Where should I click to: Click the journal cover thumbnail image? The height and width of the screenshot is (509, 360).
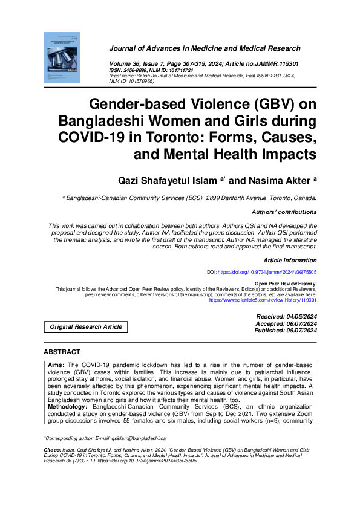(62, 57)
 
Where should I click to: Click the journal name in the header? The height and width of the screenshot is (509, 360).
(205, 48)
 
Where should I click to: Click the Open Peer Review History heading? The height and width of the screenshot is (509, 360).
(285, 283)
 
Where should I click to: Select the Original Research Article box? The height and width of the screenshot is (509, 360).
(85, 327)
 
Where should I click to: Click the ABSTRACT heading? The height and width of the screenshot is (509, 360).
(62, 352)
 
